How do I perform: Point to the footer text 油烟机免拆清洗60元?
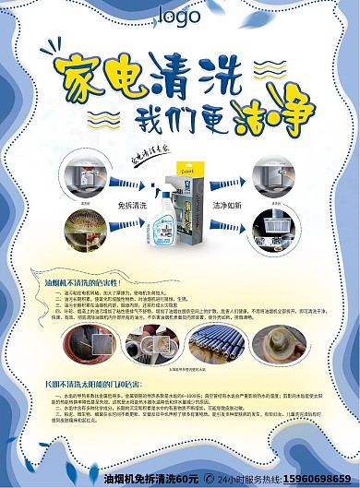coord(152,479)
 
